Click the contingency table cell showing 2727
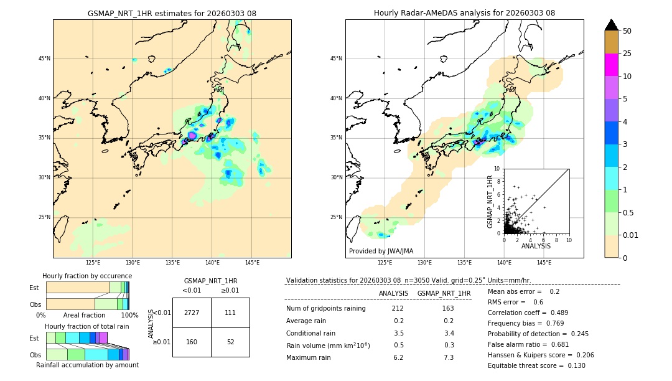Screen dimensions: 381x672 pyautogui.click(x=192, y=313)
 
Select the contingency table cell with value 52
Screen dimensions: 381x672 pyautogui.click(x=230, y=342)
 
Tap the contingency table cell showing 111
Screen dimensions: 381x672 pyautogui.click(x=230, y=313)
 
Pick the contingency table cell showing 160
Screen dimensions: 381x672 pyautogui.click(x=192, y=342)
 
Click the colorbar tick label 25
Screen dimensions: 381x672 pyautogui.click(x=627, y=54)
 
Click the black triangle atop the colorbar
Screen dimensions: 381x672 pyautogui.click(x=612, y=25)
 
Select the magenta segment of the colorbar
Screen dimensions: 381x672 pyautogui.click(x=612, y=65)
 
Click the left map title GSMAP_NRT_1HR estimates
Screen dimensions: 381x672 pyautogui.click(x=172, y=13)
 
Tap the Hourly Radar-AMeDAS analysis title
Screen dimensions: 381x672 pyautogui.click(x=464, y=13)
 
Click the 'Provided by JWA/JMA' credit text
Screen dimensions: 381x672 pyautogui.click(x=381, y=251)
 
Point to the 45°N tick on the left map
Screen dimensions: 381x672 pyautogui.click(x=44, y=59)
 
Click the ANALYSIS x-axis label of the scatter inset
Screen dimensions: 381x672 pyautogui.click(x=536, y=246)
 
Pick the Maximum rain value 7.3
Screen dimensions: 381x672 pyautogui.click(x=447, y=357)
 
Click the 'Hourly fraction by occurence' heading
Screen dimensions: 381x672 pyautogui.click(x=87, y=276)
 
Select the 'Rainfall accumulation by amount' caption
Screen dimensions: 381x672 pyautogui.click(x=87, y=365)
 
